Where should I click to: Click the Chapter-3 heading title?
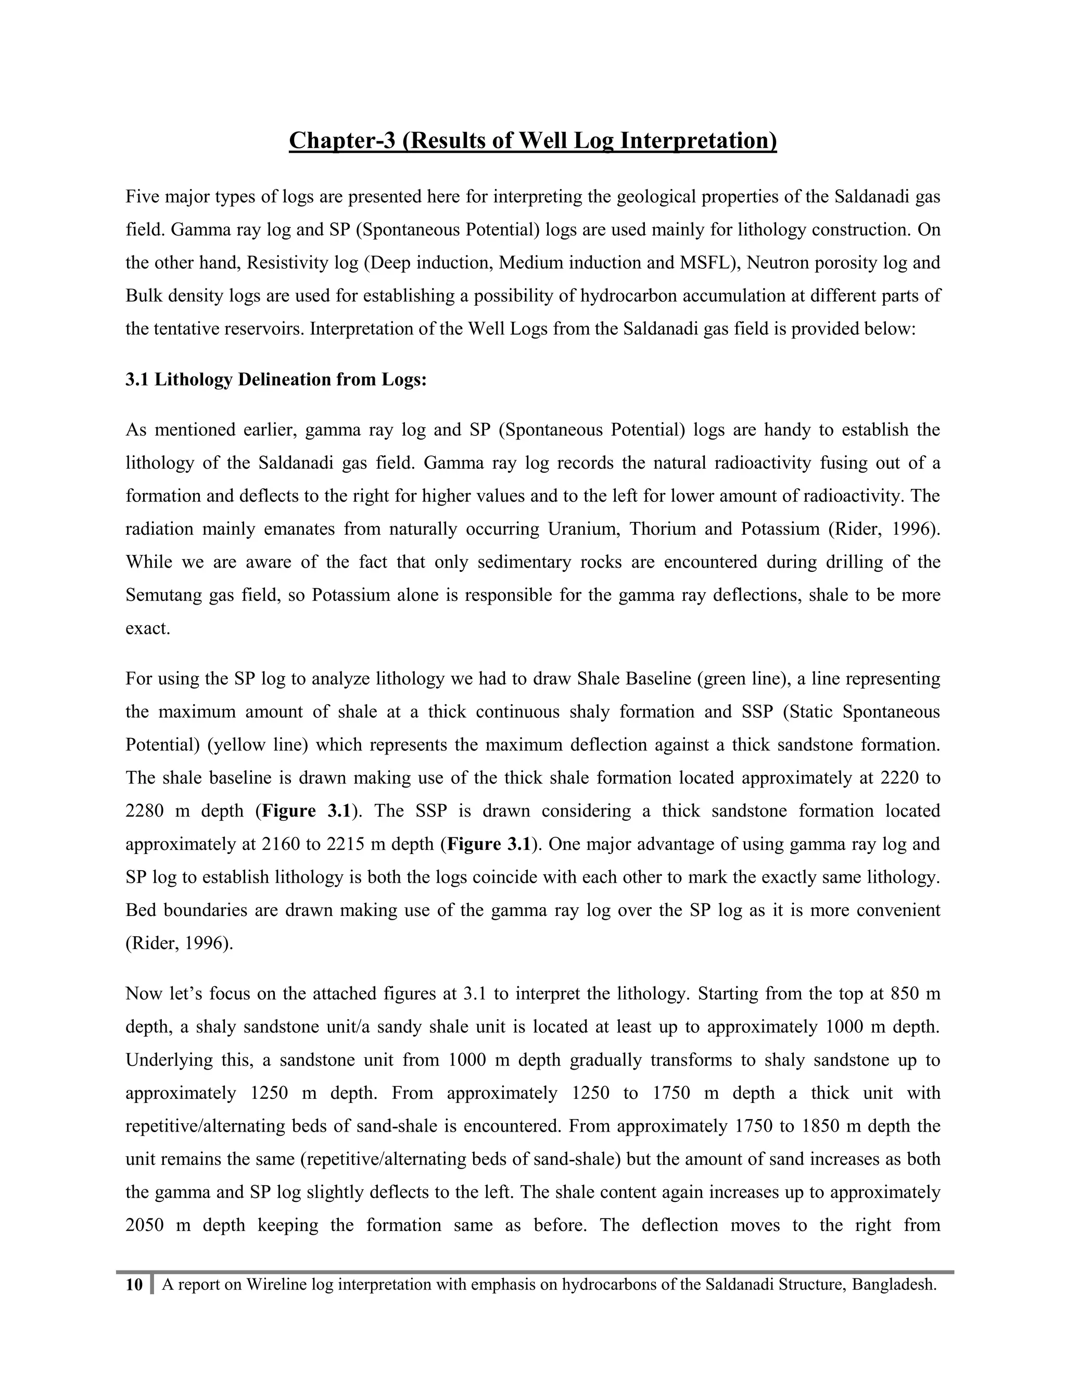tap(532, 140)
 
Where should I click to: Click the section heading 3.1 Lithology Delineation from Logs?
tap(276, 379)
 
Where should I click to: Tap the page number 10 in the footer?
tap(134, 1285)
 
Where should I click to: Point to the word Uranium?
tap(583, 529)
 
